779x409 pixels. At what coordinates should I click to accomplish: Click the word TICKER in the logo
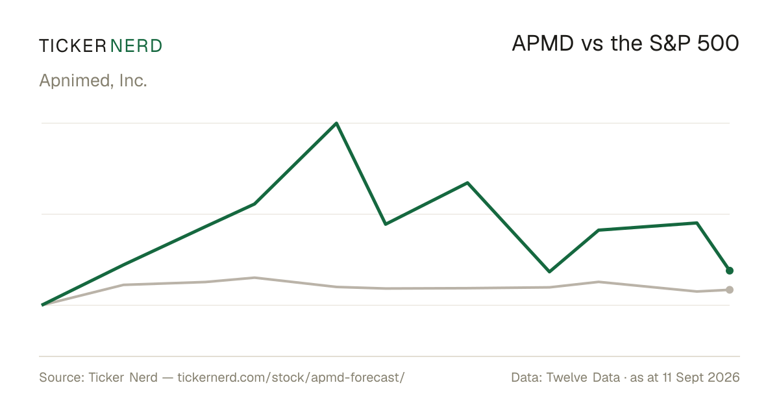(x=73, y=46)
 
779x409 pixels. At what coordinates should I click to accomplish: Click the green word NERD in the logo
(x=136, y=46)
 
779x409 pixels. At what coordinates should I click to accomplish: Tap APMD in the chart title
(x=543, y=43)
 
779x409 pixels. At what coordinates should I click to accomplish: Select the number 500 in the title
(x=718, y=43)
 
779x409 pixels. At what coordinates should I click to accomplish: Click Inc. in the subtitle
(x=133, y=81)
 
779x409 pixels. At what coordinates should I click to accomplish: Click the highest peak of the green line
(x=337, y=123)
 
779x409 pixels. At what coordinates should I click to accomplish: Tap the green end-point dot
(x=730, y=271)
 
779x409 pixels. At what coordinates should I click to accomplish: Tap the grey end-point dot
(x=730, y=290)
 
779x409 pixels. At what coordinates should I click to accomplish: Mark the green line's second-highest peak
(x=467, y=182)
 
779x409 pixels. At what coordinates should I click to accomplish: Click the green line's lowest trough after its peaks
(x=549, y=271)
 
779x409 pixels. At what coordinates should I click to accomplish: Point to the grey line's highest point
(x=255, y=278)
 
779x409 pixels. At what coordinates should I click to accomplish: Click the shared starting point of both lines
(x=42, y=305)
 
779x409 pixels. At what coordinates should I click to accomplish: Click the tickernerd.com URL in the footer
(x=291, y=377)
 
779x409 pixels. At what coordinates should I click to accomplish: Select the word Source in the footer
(x=62, y=377)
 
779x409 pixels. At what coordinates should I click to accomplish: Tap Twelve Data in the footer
(x=583, y=377)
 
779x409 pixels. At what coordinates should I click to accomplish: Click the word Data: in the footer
(x=526, y=377)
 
